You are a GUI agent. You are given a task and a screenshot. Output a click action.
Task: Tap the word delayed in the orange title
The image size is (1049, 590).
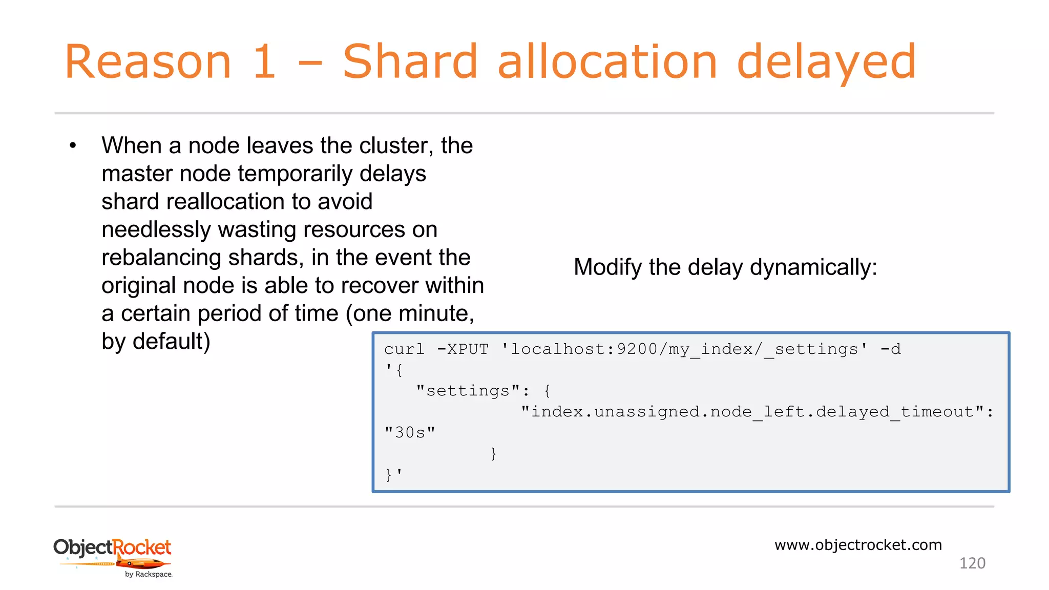pyautogui.click(x=826, y=62)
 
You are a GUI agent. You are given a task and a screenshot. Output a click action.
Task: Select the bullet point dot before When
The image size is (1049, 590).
pyautogui.click(x=73, y=146)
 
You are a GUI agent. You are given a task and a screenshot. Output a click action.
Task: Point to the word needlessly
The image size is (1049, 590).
pyautogui.click(x=156, y=230)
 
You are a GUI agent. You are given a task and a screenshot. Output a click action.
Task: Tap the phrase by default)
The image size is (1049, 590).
pyautogui.click(x=156, y=342)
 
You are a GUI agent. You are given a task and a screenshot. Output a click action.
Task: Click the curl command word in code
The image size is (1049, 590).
pyautogui.click(x=404, y=349)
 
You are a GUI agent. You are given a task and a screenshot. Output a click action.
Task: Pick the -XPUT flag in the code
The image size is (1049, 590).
pyautogui.click(x=463, y=349)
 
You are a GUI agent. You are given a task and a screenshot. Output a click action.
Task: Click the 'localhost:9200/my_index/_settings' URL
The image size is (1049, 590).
pyautogui.click(x=684, y=349)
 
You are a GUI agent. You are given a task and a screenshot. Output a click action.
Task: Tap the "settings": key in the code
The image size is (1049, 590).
pyautogui.click(x=472, y=391)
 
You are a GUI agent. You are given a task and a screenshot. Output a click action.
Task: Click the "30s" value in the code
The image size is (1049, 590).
pyautogui.click(x=410, y=433)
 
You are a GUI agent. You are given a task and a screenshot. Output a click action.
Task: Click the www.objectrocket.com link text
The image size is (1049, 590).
pyautogui.click(x=858, y=545)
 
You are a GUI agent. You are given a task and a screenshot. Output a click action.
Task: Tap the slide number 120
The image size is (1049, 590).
pyautogui.click(x=972, y=563)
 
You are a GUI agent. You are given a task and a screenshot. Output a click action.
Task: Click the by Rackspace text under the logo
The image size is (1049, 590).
pyautogui.click(x=149, y=575)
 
